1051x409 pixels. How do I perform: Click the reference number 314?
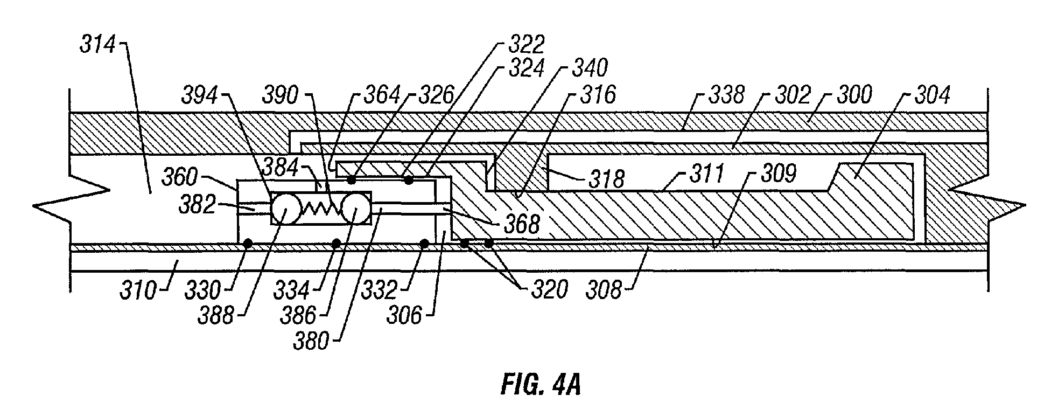97,45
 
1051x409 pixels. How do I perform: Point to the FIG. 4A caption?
540,385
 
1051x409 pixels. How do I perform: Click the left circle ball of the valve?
285,209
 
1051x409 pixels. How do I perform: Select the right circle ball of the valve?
355,209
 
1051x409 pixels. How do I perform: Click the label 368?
521,224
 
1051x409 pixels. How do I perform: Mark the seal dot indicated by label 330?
248,244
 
